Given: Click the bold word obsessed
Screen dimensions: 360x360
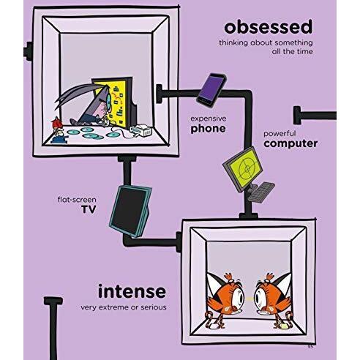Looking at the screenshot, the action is (268, 27).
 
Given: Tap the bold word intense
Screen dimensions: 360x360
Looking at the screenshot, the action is (132, 291).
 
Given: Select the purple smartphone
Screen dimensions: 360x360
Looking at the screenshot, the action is (211, 90).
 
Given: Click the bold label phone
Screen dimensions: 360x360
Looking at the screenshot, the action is (208, 129).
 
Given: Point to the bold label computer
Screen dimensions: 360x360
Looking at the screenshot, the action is (290, 143).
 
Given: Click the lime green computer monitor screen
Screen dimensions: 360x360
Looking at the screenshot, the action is (247, 167).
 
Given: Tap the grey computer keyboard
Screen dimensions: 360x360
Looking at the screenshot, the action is (262, 192).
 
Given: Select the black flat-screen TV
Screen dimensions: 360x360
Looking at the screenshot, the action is (130, 211).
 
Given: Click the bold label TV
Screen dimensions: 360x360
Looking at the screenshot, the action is (89, 209).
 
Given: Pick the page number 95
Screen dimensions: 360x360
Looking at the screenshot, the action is (310, 347).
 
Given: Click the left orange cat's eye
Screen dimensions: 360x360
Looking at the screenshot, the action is (238, 296).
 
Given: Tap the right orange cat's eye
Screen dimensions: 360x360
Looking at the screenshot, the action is (260, 296).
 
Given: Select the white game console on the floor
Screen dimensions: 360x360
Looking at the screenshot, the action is (141, 130).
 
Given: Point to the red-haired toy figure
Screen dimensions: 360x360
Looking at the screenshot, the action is (59, 130).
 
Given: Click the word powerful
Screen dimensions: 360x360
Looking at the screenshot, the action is (277, 134).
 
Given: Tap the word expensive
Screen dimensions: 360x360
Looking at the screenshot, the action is (209, 119).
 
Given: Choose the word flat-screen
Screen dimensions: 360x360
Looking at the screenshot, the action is (77, 200).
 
